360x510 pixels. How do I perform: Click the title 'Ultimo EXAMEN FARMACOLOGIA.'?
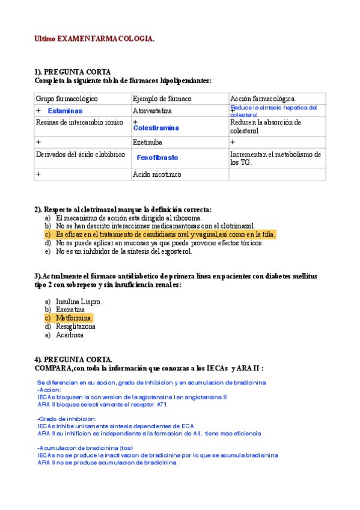tap(94, 38)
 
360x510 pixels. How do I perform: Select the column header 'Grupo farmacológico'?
tap(67, 99)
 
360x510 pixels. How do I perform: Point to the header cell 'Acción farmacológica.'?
tap(263, 99)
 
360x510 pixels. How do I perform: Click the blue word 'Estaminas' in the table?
tap(65, 111)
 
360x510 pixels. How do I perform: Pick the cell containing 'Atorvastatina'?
tap(152, 111)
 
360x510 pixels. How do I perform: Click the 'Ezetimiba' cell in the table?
tap(147, 143)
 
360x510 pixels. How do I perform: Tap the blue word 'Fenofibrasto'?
tap(157, 157)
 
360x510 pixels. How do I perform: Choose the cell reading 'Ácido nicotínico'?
tap(156, 174)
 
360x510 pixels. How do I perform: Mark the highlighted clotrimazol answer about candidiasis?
tap(165, 235)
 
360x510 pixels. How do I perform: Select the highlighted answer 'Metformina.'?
tap(74, 318)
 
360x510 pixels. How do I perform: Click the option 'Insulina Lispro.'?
tap(79, 301)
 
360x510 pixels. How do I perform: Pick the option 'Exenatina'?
tap(70, 309)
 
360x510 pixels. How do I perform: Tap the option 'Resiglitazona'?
tap(76, 327)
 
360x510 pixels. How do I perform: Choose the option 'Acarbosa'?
tap(70, 335)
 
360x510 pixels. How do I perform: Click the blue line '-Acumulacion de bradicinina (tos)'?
tap(85, 448)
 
